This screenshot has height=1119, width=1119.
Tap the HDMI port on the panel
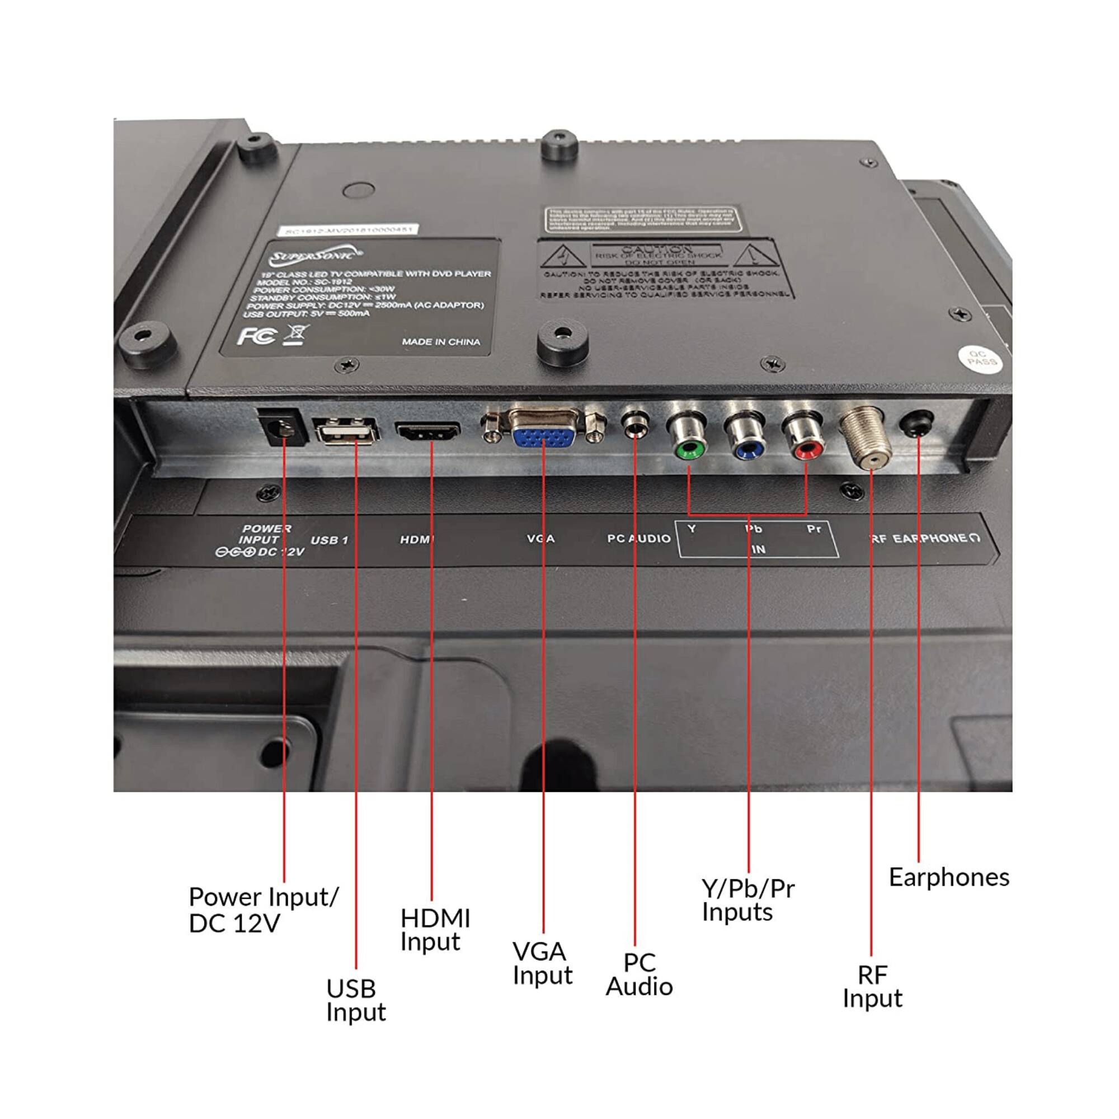[428, 432]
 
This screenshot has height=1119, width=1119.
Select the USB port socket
[346, 432]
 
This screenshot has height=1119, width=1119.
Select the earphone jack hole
[918, 425]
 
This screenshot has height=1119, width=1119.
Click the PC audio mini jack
[635, 427]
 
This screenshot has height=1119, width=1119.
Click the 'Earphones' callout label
[949, 877]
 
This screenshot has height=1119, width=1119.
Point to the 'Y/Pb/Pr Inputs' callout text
[747, 900]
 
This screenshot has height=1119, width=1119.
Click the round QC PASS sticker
[982, 358]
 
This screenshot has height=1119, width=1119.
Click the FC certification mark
[257, 336]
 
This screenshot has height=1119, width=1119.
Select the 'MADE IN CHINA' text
[441, 342]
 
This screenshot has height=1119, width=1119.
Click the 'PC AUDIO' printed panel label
[638, 539]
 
